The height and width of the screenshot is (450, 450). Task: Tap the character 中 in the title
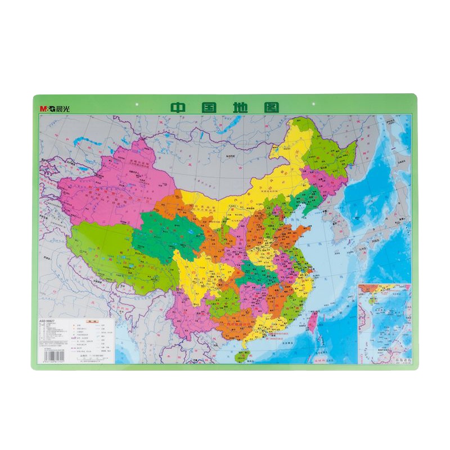[181, 107]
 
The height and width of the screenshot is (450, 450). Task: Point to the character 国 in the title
[209, 107]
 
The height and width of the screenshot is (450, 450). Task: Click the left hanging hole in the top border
[138, 104]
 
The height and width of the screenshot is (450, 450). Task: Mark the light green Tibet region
[112, 247]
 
